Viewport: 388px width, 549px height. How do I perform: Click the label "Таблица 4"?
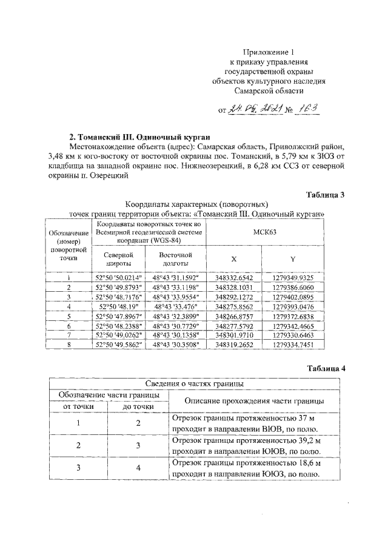325,368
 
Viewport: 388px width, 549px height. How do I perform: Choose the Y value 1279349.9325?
293,277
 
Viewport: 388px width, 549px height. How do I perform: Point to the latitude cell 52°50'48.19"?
119,307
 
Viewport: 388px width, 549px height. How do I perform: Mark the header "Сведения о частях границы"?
195,384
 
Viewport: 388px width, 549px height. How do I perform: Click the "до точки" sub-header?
137,406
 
